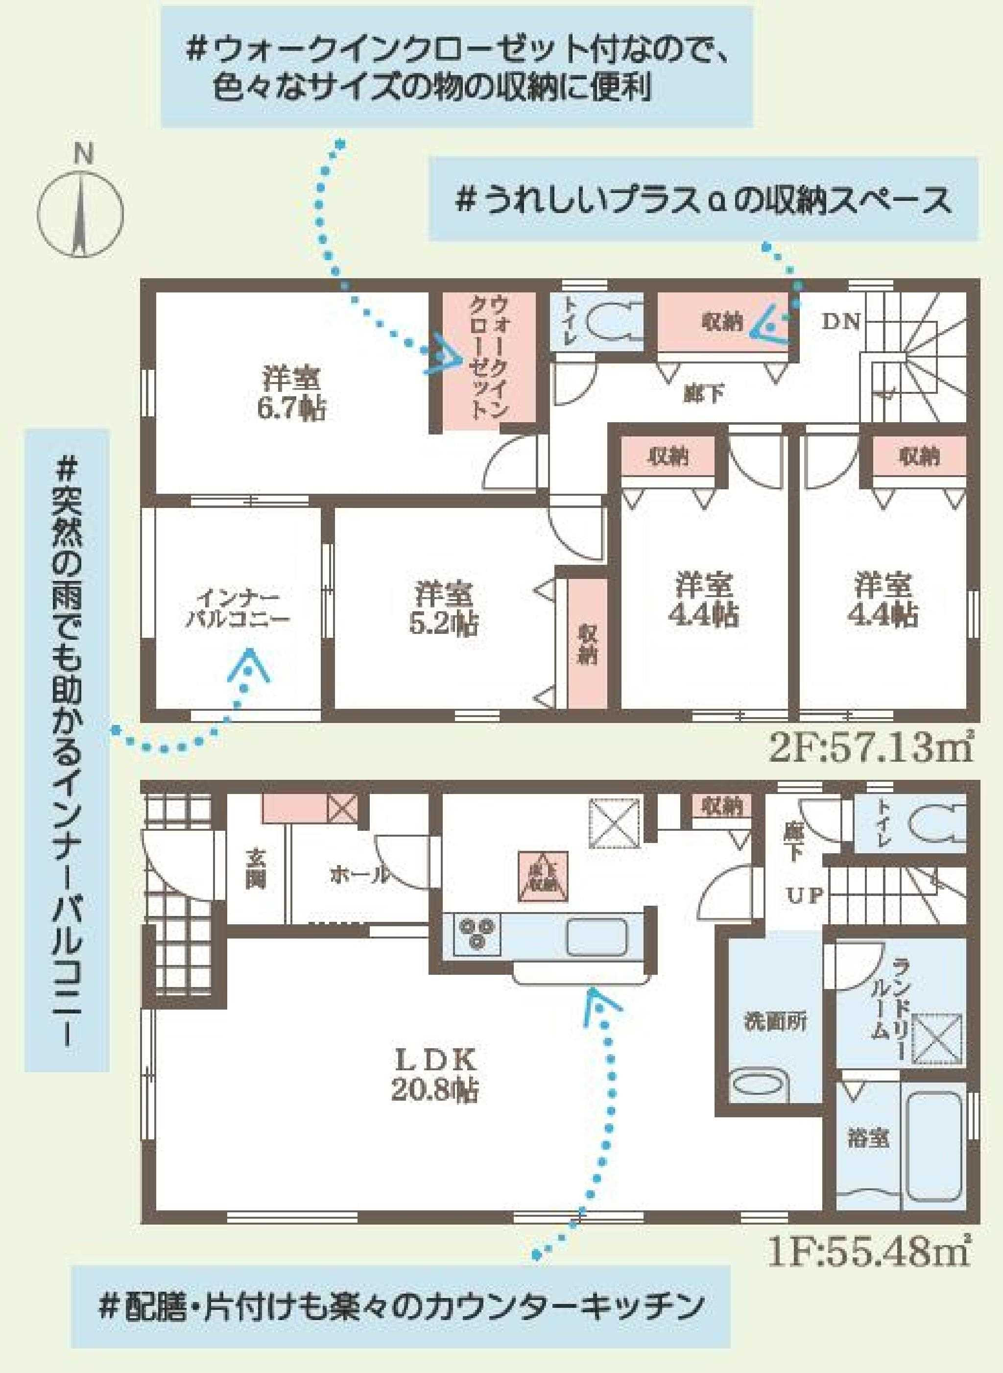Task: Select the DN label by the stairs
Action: (x=841, y=322)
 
